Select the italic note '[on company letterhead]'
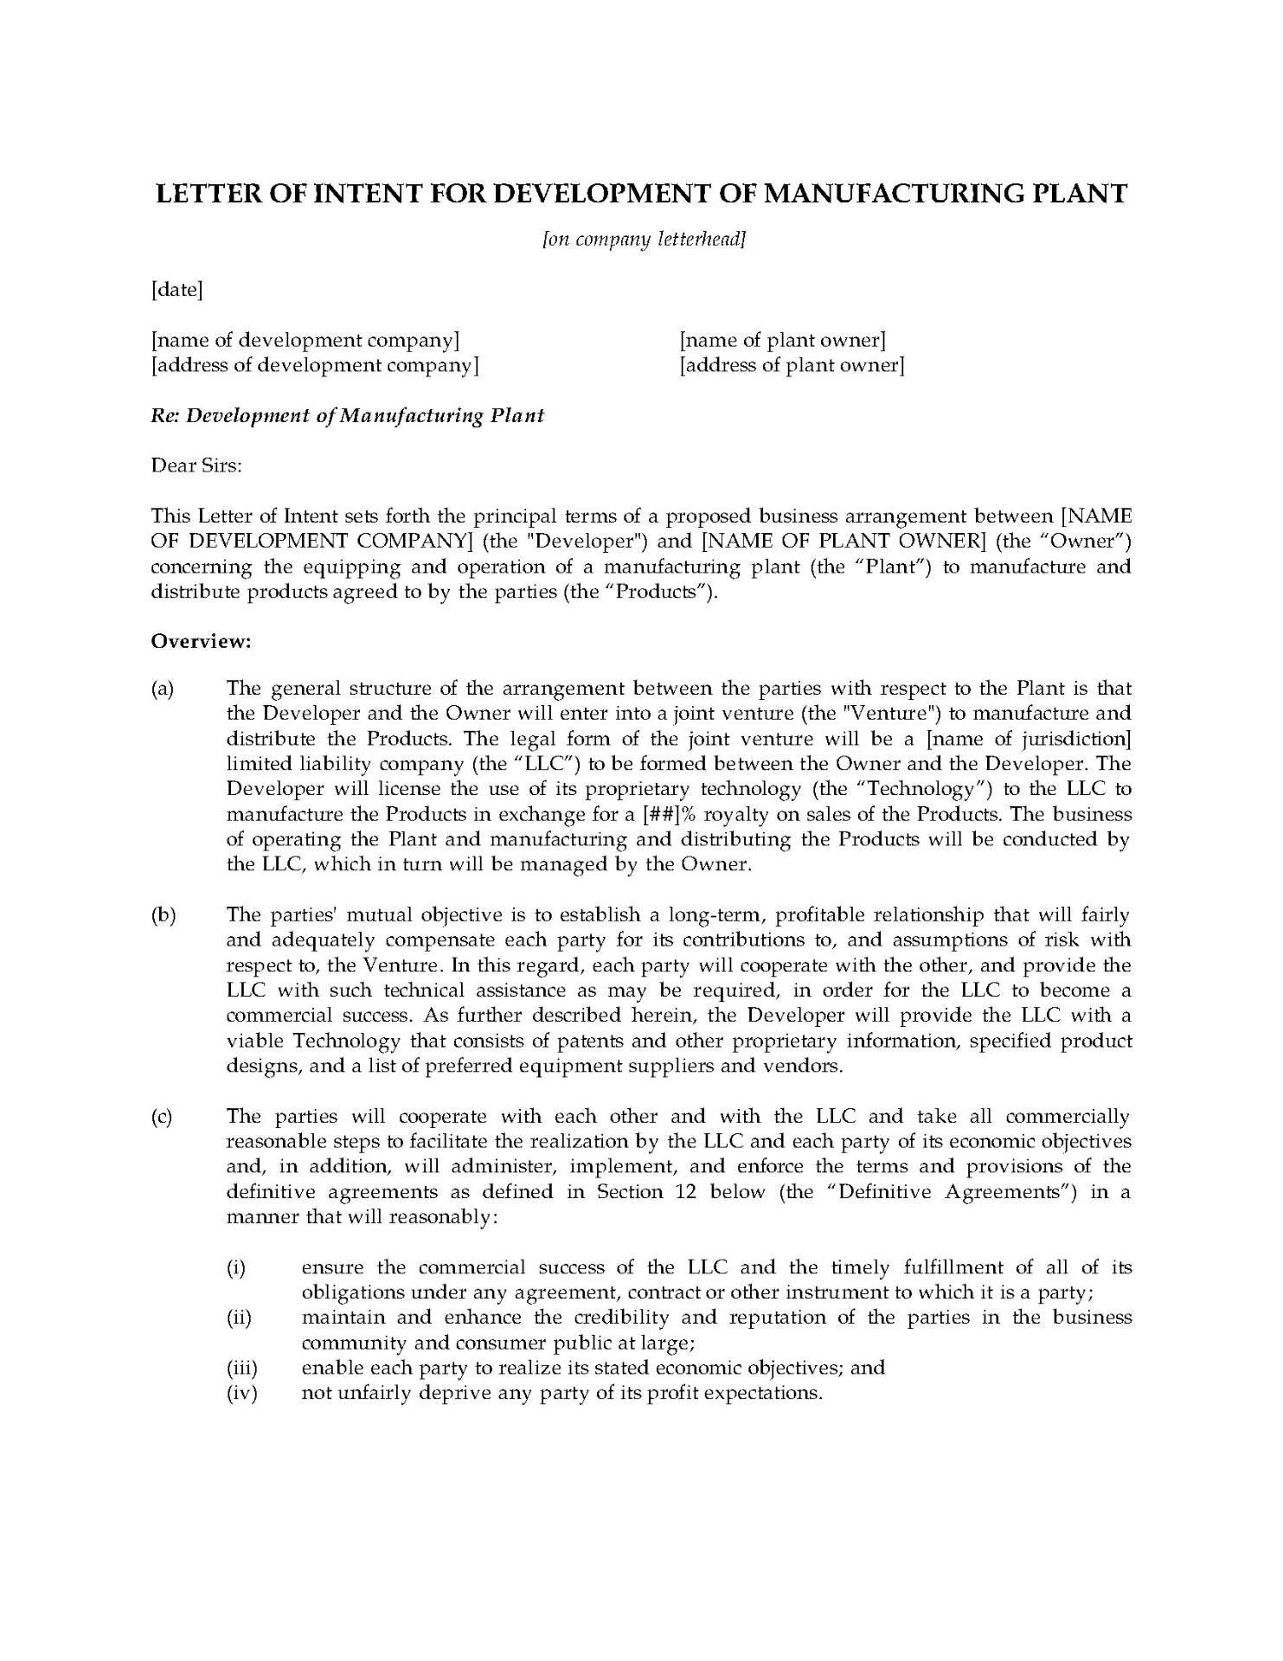[x=643, y=240]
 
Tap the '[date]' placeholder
[x=176, y=290]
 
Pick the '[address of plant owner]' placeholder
[x=792, y=365]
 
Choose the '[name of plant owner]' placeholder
[x=782, y=340]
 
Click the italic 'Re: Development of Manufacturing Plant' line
[x=348, y=415]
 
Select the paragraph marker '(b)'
[x=163, y=915]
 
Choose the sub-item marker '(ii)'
[x=240, y=1318]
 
